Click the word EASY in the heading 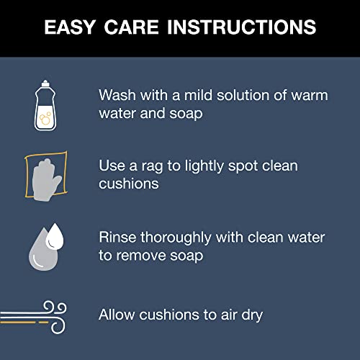coord(70,27)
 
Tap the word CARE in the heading coord(132,27)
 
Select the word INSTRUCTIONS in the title coord(241,27)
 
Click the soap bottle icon coord(45,105)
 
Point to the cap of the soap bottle coord(45,84)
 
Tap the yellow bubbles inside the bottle coord(45,119)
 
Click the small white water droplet coord(55,236)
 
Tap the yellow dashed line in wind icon coord(24,323)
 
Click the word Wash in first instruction coord(117,95)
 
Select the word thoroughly coord(176,238)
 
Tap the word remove coord(141,256)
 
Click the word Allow coord(117,315)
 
